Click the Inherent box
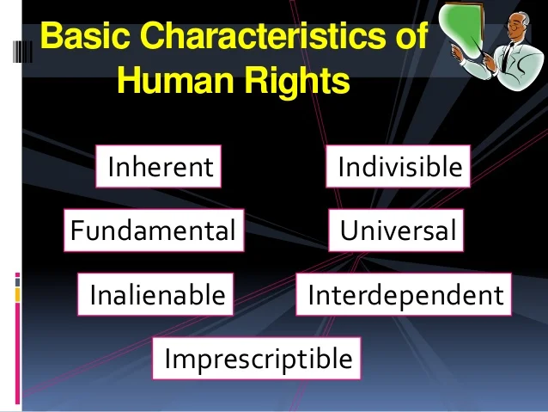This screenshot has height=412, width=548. click(x=158, y=166)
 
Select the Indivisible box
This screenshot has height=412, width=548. click(x=398, y=166)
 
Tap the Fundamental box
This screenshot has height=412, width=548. click(x=154, y=231)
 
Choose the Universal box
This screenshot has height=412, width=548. click(x=396, y=231)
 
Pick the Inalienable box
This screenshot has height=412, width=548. click(x=155, y=294)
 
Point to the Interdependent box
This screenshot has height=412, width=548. click(x=404, y=294)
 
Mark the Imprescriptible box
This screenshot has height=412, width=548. click(x=257, y=359)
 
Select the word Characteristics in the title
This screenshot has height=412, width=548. click(x=263, y=35)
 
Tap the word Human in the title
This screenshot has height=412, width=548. click(x=175, y=80)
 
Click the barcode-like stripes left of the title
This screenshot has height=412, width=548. click(x=22, y=52)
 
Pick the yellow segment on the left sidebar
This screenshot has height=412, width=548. click(x=17, y=295)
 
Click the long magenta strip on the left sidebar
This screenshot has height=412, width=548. click(x=17, y=354)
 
